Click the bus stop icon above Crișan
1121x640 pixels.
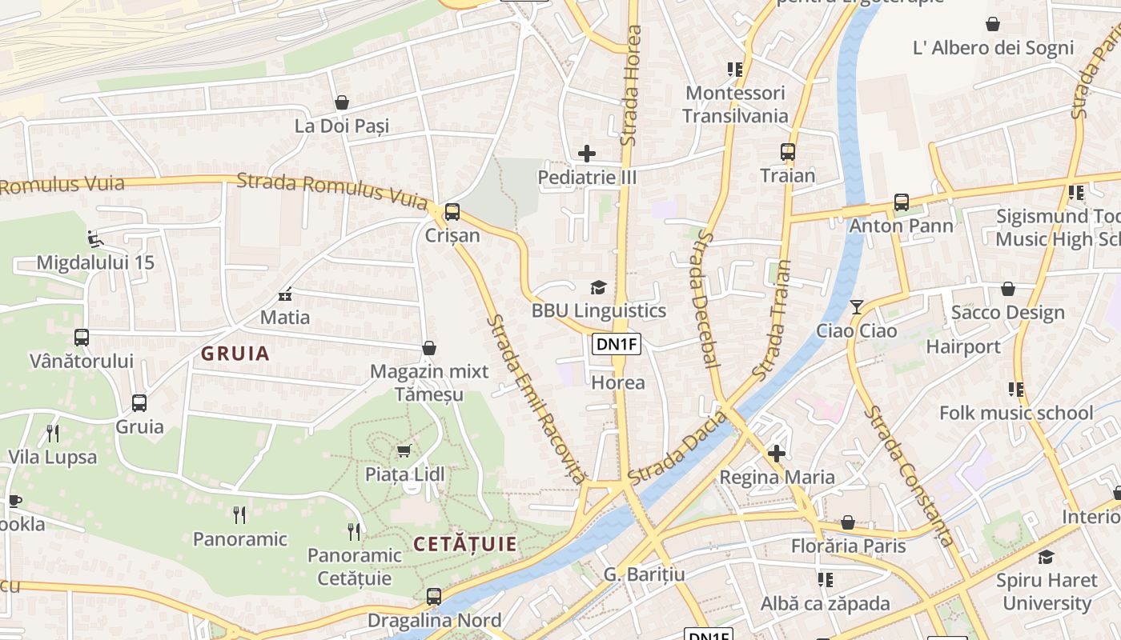coord(452,212)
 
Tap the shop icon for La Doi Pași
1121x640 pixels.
coord(342,102)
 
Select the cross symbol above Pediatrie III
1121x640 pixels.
coord(587,153)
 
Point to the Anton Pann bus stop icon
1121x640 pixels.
coord(902,202)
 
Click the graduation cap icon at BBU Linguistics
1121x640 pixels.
coord(598,287)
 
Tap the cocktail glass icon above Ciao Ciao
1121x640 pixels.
coord(857,307)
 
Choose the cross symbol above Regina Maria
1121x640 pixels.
coord(776,454)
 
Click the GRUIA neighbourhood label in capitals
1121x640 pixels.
coord(235,354)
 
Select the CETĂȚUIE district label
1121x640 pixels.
coord(465,545)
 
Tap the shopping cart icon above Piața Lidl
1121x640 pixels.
coord(404,451)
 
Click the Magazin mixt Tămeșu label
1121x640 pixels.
coord(429,383)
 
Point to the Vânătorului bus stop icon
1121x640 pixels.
coord(82,338)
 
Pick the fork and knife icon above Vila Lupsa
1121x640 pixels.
coord(53,434)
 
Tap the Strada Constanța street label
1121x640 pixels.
coord(910,477)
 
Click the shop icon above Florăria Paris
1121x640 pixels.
coord(848,523)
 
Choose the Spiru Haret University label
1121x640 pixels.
coord(1047,592)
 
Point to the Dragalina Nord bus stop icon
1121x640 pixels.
coord(434,597)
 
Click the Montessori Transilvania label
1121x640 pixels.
coord(735,104)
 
